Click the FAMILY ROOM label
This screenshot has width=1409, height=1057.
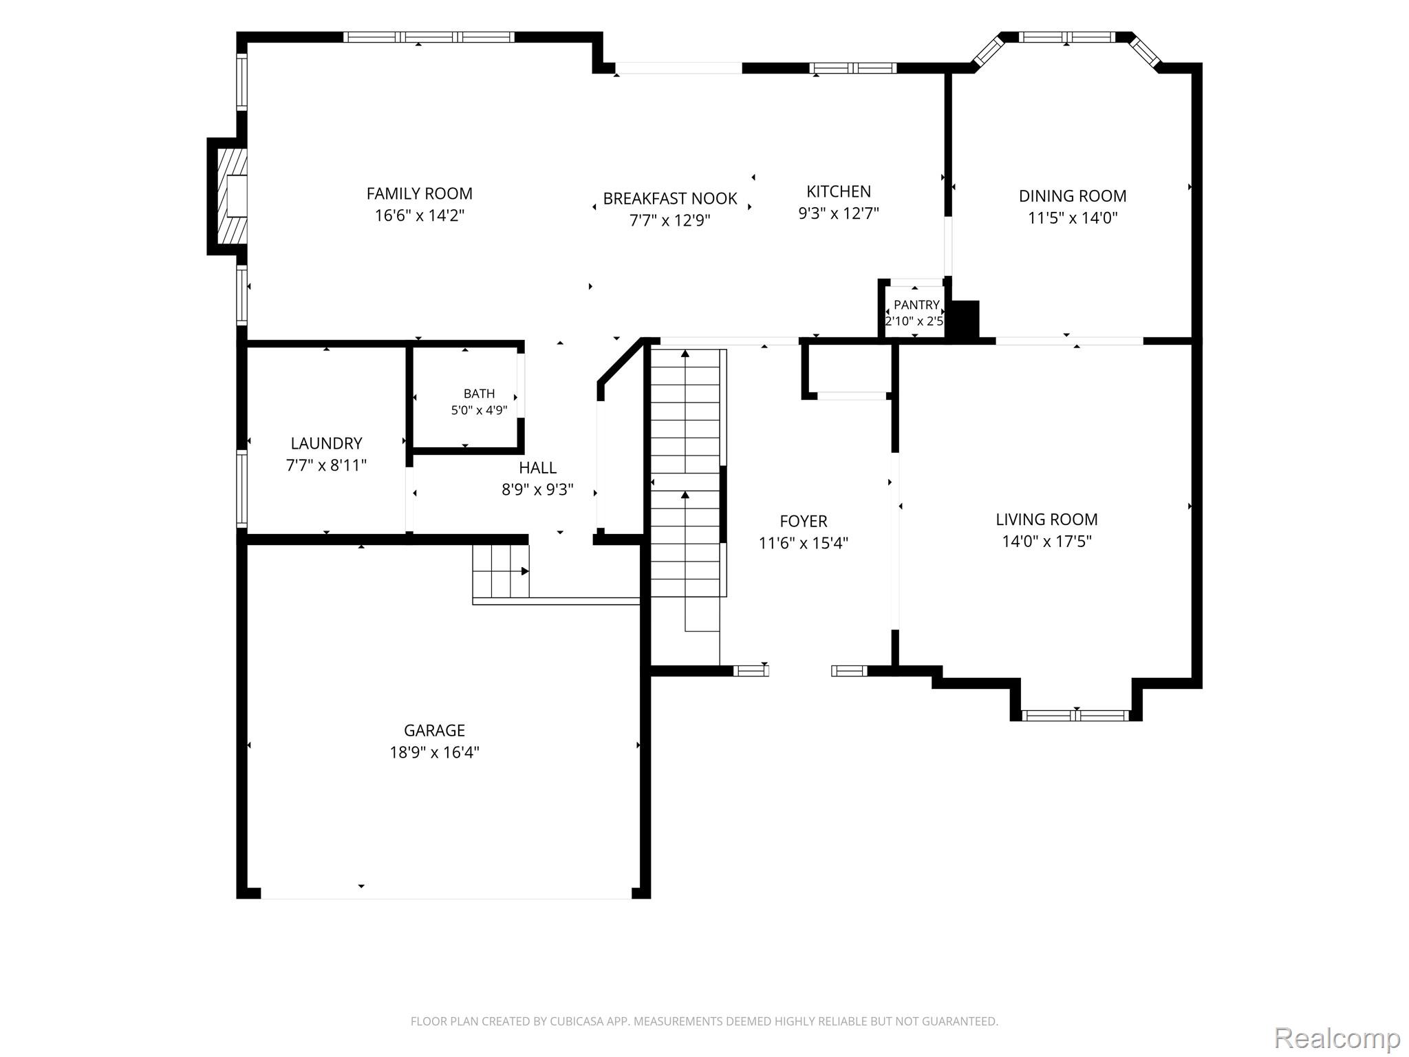tap(419, 193)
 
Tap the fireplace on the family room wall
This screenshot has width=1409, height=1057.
tap(228, 196)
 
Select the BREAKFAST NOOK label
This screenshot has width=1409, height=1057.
tap(670, 198)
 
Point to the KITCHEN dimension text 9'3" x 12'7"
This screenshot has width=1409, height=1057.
tap(839, 213)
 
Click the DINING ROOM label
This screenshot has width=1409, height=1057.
tap(1073, 195)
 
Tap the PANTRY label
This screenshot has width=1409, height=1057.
tap(916, 305)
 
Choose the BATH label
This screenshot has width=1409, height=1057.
tap(479, 394)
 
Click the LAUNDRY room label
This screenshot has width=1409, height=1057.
tap(326, 443)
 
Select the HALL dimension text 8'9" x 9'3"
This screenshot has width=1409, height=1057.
tap(537, 489)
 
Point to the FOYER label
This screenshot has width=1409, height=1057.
tap(804, 521)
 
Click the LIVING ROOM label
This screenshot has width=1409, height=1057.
tap(1046, 519)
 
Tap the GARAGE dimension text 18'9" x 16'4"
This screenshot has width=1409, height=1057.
tap(434, 752)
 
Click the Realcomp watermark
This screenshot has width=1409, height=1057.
tap(1337, 1037)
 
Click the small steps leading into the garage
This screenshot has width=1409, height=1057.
tap(501, 571)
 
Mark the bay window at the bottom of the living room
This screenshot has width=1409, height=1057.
tap(1075, 715)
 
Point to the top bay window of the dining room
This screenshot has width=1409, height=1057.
tap(1066, 37)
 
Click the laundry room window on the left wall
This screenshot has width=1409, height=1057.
tap(241, 488)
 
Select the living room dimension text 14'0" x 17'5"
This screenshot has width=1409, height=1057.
tap(1046, 541)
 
